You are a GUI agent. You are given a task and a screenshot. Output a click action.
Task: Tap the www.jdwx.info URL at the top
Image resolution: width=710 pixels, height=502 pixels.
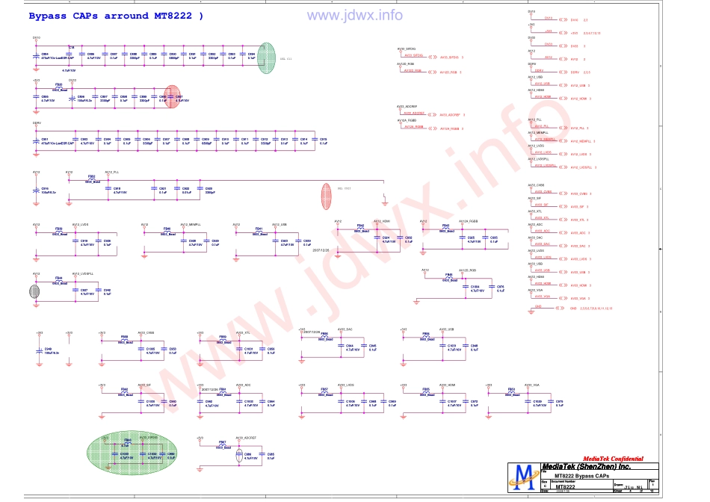click(x=354, y=15)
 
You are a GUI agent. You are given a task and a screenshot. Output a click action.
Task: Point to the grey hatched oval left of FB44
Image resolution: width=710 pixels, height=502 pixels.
click(x=35, y=290)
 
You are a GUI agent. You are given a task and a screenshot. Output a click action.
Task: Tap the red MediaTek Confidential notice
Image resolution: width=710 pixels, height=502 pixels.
click(x=612, y=459)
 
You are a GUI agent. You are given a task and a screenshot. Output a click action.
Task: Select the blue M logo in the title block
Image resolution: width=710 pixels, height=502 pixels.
click(x=523, y=477)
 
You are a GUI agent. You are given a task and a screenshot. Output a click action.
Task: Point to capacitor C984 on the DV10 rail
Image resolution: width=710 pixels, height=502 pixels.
click(x=37, y=55)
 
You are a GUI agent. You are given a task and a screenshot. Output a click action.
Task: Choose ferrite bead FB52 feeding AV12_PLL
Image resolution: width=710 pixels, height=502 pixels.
click(x=92, y=179)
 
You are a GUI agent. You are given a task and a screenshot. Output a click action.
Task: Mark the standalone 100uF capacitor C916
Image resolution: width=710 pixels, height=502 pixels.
click(x=37, y=190)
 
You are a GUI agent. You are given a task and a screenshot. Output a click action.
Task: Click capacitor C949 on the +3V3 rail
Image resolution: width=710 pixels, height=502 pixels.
click(x=40, y=350)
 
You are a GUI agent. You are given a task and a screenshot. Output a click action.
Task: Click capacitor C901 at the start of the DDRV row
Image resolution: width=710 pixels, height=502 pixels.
click(x=37, y=140)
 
